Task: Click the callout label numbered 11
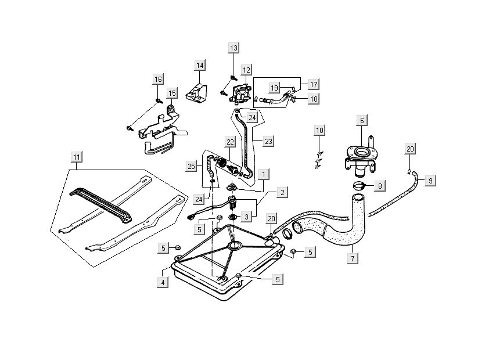[77, 157]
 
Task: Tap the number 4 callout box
[163, 282]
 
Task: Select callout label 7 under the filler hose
[353, 258]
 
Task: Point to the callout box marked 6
[362, 120]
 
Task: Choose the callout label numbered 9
[430, 181]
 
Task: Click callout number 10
[320, 130]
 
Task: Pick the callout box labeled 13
[233, 48]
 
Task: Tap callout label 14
[200, 65]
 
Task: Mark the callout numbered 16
[158, 79]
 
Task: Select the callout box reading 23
[268, 141]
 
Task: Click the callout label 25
[192, 166]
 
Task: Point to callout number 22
[230, 142]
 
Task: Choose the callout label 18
[314, 99]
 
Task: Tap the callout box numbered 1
[264, 174]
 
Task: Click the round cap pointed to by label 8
[359, 186]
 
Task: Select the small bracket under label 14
[196, 92]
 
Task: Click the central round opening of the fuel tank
[235, 246]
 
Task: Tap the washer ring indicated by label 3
[233, 217]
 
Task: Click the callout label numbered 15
[172, 93]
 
